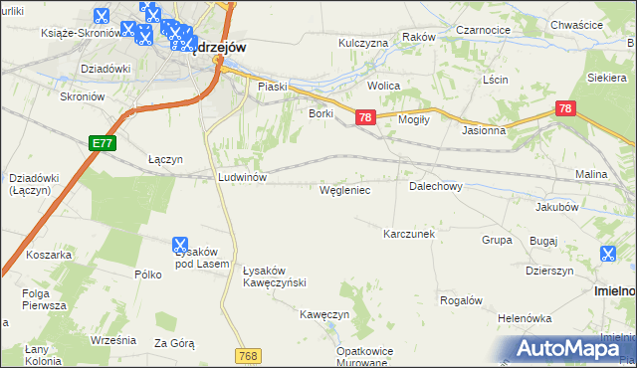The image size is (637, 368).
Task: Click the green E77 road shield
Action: pyautogui.click(x=103, y=143)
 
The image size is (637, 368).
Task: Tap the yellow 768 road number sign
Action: pyautogui.click(x=249, y=355)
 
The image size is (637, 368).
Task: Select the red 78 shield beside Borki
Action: pyautogui.click(x=365, y=117)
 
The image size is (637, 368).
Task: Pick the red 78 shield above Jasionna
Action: pyautogui.click(x=565, y=107)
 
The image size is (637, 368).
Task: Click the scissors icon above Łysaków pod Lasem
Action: pyautogui.click(x=180, y=244)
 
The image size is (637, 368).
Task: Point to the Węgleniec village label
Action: pyautogui.click(x=344, y=189)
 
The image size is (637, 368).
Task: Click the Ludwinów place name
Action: pyautogui.click(x=241, y=176)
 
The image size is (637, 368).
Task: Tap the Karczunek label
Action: pyautogui.click(x=409, y=234)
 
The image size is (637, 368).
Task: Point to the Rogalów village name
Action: pyautogui.click(x=461, y=300)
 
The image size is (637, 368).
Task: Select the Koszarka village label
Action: pyautogui.click(x=50, y=255)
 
